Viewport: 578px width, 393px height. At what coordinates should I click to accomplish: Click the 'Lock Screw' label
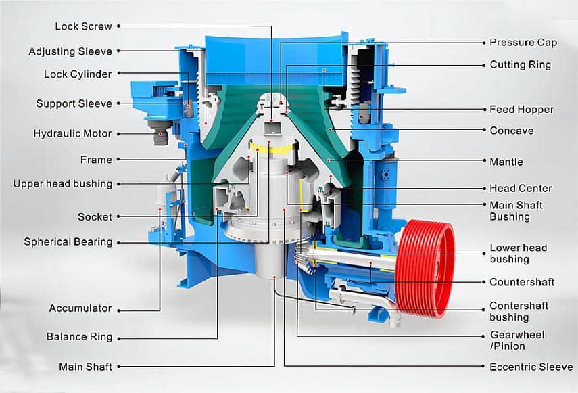[x=83, y=26]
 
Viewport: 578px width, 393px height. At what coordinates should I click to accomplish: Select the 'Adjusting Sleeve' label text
[x=70, y=51]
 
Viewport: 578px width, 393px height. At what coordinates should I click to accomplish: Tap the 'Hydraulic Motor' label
[x=72, y=133]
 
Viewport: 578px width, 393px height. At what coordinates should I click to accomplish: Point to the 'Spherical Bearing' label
[x=68, y=241]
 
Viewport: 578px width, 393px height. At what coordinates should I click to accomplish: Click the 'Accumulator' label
[x=80, y=308]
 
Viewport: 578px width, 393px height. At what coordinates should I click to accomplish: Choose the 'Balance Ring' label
[x=79, y=337]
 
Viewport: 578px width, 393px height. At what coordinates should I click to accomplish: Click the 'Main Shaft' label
[x=85, y=367]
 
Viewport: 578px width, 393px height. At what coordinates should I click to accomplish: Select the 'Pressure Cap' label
[x=523, y=42]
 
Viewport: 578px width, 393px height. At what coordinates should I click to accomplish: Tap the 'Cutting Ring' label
[x=520, y=65]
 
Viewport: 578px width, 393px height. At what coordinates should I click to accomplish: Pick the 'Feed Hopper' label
[x=521, y=109]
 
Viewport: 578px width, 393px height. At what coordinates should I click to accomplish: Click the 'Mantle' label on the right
[x=506, y=162]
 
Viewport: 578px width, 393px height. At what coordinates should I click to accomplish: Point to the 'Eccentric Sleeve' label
[x=531, y=367]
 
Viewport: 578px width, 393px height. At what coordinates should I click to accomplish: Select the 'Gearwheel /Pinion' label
[x=516, y=340]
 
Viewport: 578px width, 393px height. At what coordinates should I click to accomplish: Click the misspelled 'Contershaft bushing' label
[x=519, y=311]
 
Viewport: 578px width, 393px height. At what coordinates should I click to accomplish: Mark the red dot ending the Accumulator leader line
[x=160, y=210]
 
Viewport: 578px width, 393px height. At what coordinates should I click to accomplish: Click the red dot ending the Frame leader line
[x=184, y=145]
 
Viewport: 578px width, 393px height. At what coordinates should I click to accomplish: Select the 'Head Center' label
[x=521, y=188]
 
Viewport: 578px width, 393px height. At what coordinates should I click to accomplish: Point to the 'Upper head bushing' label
[x=63, y=183]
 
